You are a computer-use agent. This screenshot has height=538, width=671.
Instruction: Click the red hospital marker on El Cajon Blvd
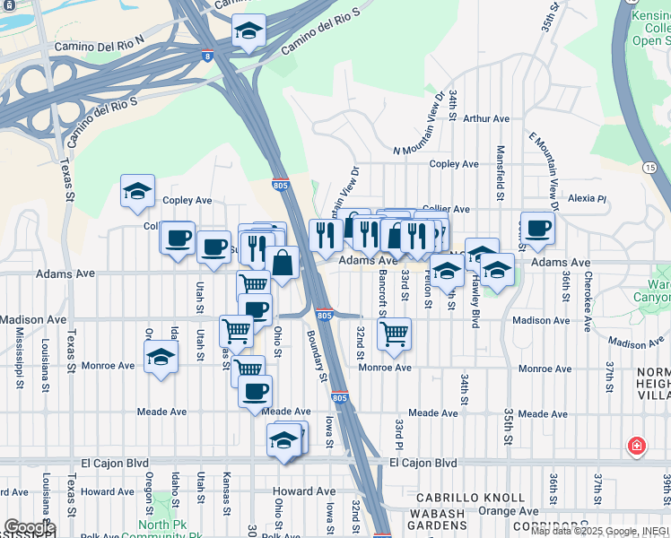coord(637,446)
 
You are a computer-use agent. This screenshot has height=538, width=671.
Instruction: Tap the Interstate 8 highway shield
coord(208,56)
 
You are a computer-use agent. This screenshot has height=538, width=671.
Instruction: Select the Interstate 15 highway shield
coord(650,168)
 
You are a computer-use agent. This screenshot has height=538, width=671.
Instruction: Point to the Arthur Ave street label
coord(486,118)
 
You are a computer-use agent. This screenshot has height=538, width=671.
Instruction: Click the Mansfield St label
coord(501,172)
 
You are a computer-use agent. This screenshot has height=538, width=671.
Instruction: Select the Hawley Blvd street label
coord(475,298)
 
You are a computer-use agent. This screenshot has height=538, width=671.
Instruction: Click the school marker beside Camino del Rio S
coord(248,32)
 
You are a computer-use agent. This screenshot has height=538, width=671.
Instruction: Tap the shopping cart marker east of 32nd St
coord(394,334)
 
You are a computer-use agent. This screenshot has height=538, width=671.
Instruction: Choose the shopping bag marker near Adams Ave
coord(283,263)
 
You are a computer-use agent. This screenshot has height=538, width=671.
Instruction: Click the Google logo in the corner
coord(29,527)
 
